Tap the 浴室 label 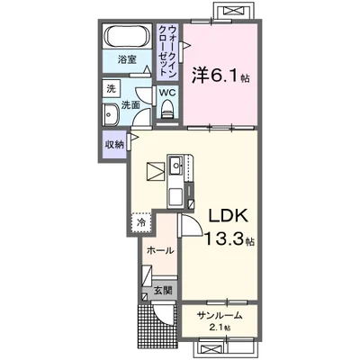pyautogui.click(x=127, y=59)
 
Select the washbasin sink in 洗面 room pyautogui.click(x=110, y=116)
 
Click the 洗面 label pyautogui.click(x=130, y=104)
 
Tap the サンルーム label pyautogui.click(x=220, y=315)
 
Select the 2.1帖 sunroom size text pyautogui.click(x=220, y=328)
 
